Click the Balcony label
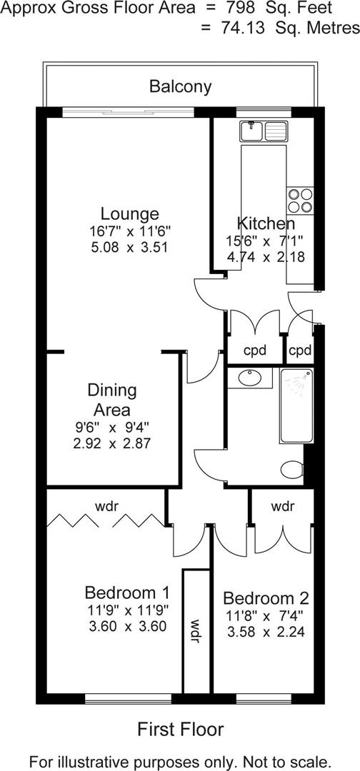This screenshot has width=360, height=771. (180, 87)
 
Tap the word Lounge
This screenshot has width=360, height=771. (129, 213)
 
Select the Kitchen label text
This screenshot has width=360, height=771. (265, 222)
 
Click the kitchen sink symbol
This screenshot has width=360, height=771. (264, 131)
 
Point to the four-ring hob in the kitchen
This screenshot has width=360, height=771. (299, 199)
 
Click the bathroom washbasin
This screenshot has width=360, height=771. (250, 378)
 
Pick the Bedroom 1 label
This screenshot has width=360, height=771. (126, 593)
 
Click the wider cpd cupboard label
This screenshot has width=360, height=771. (254, 351)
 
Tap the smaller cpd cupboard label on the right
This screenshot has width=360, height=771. (300, 351)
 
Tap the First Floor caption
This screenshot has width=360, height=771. (180, 729)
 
